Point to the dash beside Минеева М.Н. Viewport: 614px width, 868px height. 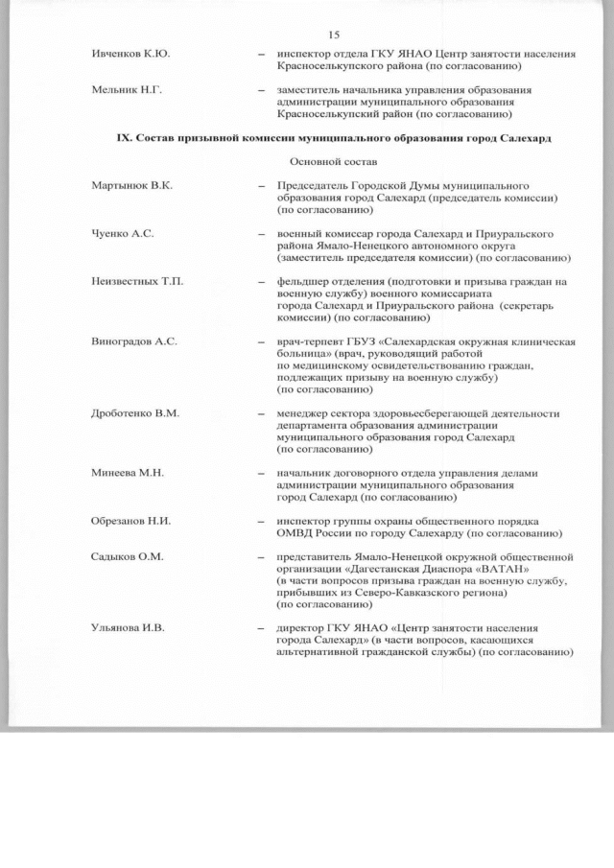(x=262, y=474)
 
